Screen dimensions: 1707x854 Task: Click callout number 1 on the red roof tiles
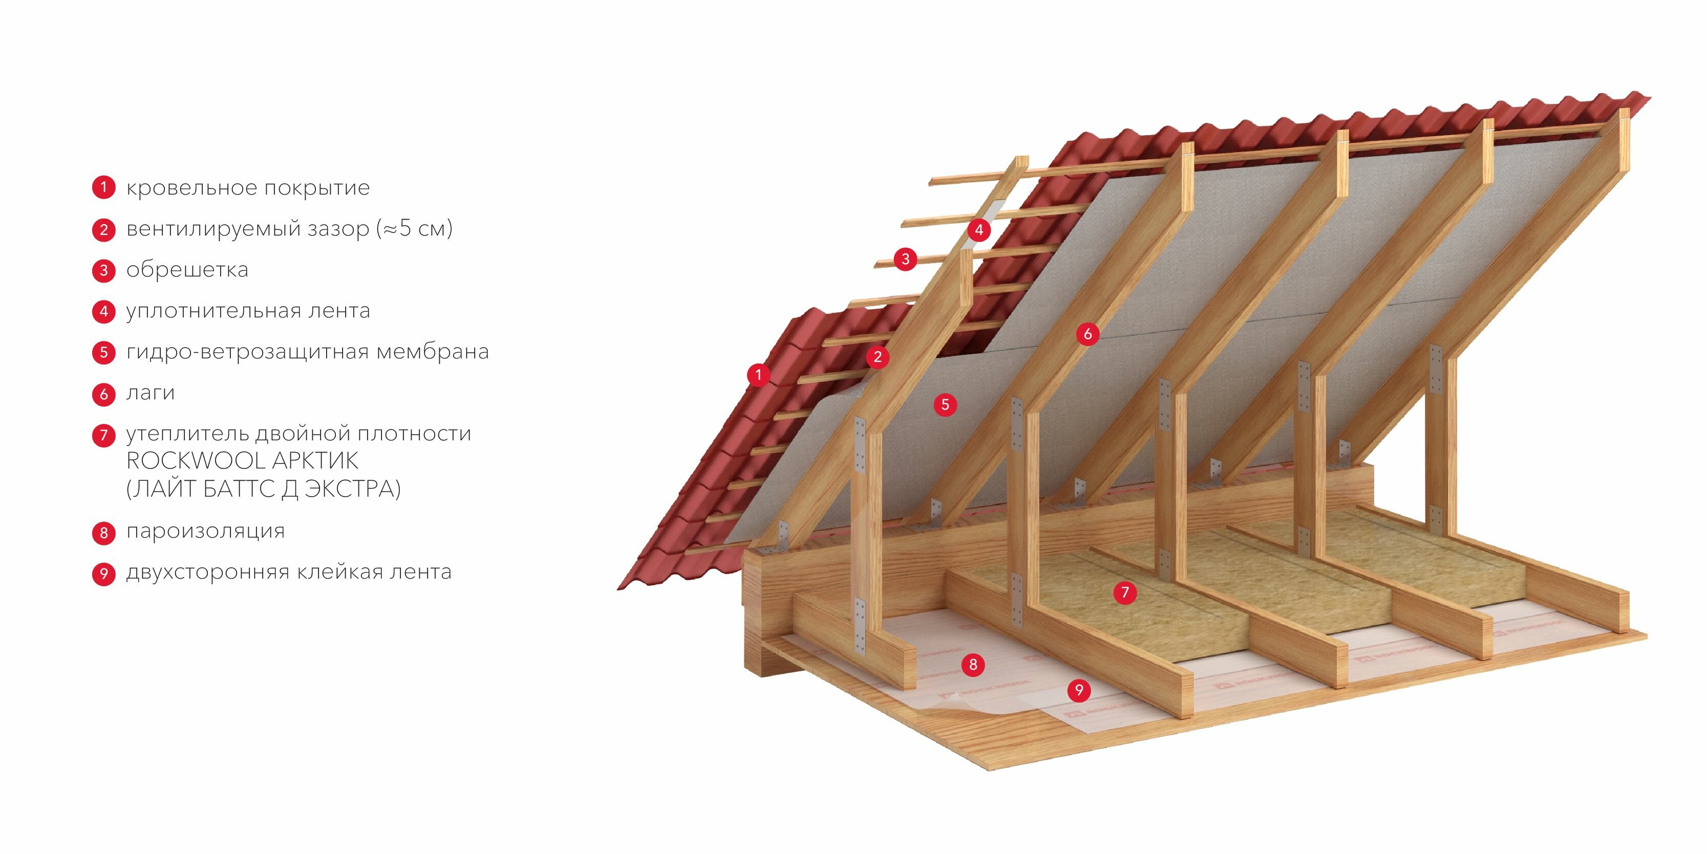click(758, 375)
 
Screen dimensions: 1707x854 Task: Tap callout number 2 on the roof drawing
click(878, 357)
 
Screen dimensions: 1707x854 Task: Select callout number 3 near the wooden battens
click(905, 259)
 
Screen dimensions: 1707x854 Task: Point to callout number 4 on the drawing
click(979, 230)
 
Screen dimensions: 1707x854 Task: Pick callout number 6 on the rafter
click(1087, 334)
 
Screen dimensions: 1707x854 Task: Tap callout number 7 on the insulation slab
click(1124, 592)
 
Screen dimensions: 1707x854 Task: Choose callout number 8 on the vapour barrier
click(973, 665)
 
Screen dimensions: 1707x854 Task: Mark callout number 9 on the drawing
click(1079, 690)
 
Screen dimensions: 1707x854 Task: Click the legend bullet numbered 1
click(103, 187)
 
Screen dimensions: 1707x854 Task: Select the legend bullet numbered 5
click(103, 352)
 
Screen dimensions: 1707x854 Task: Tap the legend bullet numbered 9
click(103, 573)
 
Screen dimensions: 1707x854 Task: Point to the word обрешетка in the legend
click(187, 270)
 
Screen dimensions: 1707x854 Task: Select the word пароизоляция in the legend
click(205, 531)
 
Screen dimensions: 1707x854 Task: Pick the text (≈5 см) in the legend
click(414, 228)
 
